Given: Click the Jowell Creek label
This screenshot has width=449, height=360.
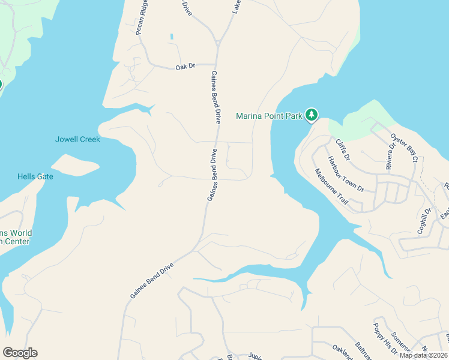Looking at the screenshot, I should point(77,139).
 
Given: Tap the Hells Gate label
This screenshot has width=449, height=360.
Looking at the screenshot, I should point(35,176).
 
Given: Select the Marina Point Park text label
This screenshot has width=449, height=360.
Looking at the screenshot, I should point(269,116).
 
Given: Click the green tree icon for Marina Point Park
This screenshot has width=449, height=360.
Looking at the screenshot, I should point(311,114).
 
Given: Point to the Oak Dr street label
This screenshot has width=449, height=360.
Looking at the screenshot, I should point(185,67).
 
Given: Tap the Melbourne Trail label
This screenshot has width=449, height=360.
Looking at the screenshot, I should point(331,187).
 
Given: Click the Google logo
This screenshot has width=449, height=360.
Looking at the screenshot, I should point(20,352).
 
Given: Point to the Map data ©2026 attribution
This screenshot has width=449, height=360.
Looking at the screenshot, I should point(423,355).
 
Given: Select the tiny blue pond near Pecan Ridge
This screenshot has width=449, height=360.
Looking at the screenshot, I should point(172,37).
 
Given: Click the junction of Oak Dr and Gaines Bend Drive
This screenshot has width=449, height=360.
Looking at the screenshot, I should point(215,64).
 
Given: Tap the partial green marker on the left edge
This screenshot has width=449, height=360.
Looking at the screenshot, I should point(1,84).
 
